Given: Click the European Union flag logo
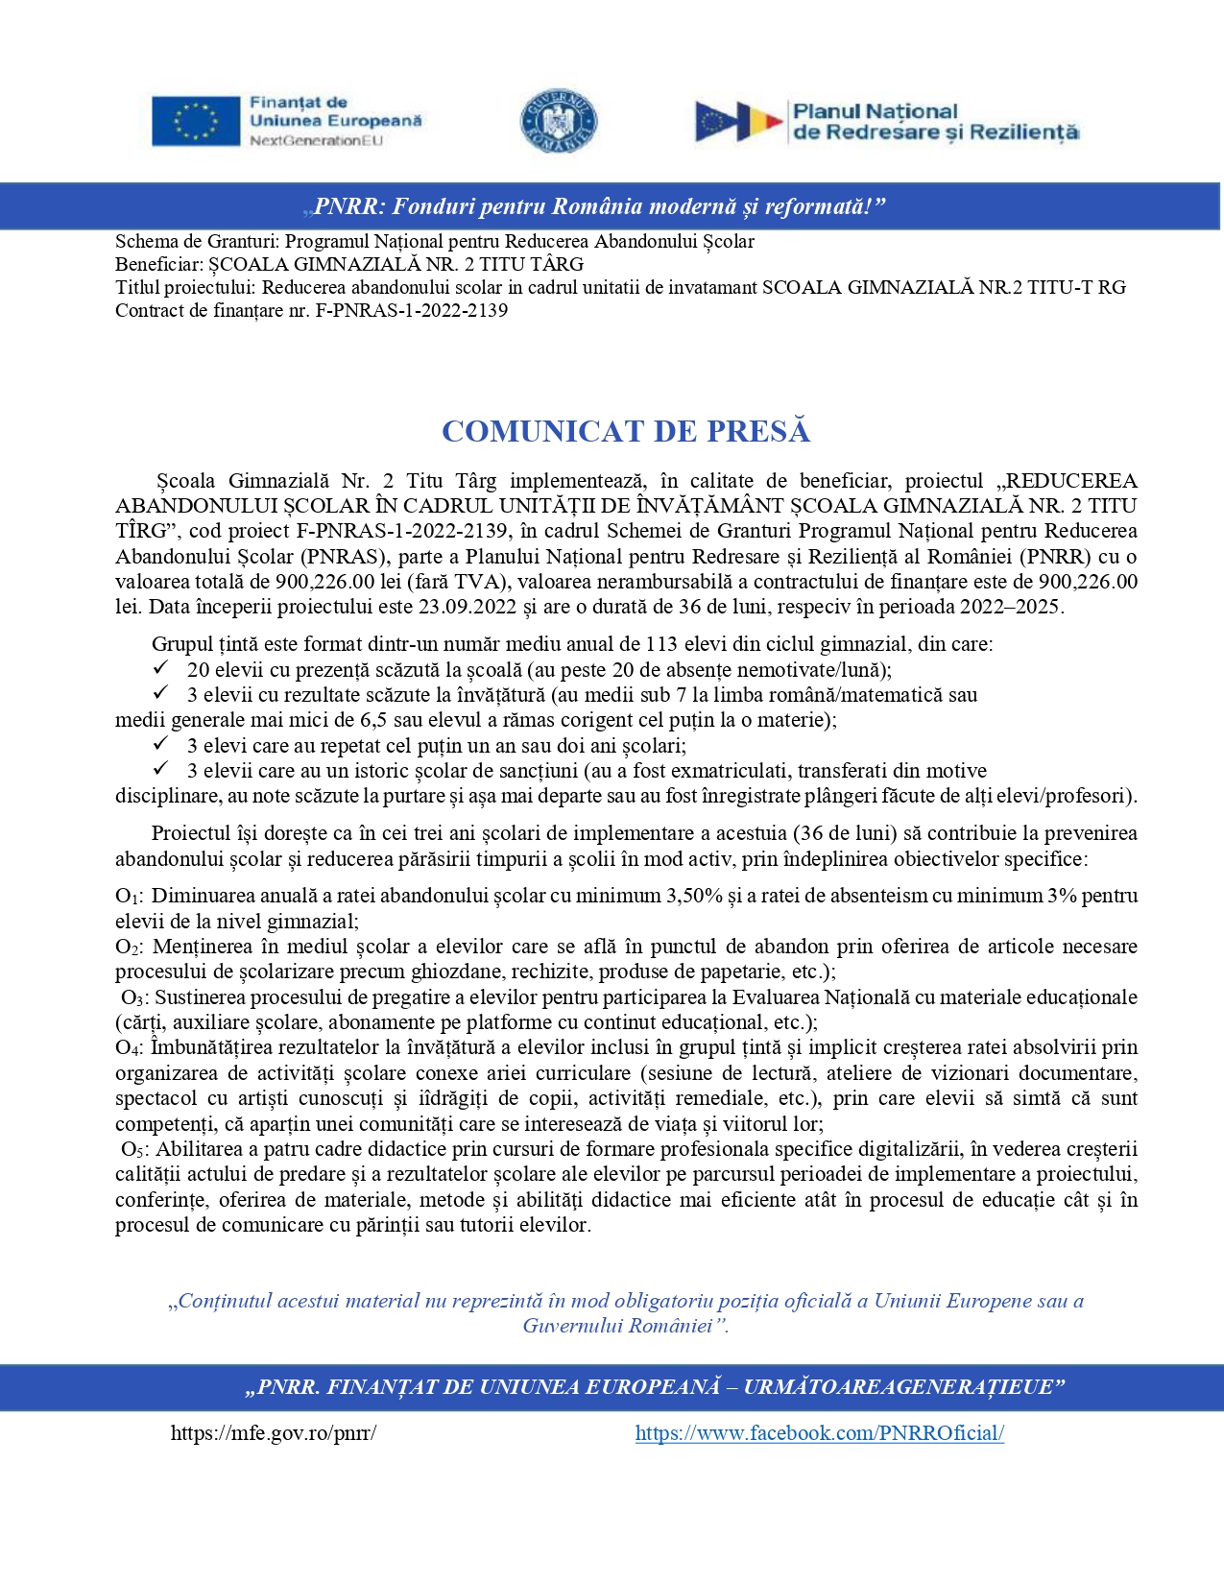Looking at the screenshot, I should [196, 122].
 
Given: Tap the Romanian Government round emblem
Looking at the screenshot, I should [559, 122].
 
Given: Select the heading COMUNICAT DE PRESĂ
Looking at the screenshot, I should [626, 431].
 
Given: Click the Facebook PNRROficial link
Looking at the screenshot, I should [819, 1433].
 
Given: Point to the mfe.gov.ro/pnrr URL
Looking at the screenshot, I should [274, 1433].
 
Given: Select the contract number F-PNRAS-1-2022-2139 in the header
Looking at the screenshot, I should [412, 310].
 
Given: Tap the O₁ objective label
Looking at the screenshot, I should [129, 897].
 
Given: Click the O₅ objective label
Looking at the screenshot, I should [134, 1150].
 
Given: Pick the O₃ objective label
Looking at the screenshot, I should [134, 998].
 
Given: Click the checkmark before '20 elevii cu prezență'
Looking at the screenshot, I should [161, 668].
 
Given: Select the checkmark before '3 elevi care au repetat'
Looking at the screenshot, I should [161, 744].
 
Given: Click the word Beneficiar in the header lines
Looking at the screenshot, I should [157, 264].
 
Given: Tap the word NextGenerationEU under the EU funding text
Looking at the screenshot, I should [316, 141].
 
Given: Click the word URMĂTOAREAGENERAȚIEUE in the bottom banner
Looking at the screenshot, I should [896, 1387].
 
